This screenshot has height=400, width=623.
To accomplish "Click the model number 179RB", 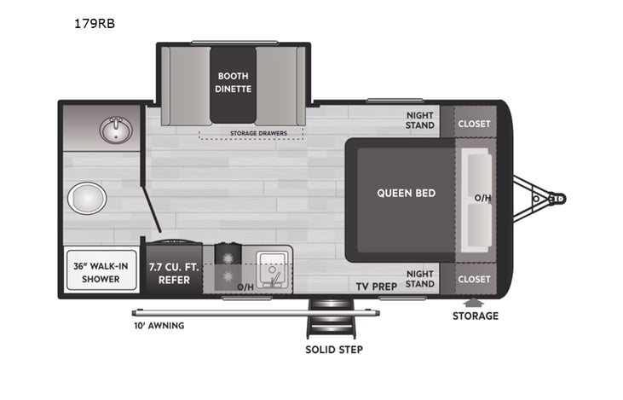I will coord(95,24).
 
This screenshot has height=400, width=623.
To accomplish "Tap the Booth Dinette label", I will coord(233,82).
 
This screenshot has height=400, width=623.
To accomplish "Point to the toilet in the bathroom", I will coord(86,199).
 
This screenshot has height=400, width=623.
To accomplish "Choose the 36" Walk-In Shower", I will coord(101,272).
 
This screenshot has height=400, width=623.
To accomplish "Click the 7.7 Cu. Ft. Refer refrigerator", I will coord(173,272).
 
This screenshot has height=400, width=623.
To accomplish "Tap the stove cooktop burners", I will coord(227,267).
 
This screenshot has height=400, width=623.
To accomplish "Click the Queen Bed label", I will coord(406,193).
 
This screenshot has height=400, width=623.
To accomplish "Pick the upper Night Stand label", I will coord(419,119).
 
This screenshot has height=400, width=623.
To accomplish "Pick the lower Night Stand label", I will coord(419,279).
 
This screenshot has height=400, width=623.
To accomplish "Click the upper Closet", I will coord(474,124).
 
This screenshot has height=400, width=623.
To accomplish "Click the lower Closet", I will coord(474,279).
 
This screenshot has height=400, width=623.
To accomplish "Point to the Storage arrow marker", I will coord(475,302).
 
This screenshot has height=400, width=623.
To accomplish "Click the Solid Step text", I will coord(334,350).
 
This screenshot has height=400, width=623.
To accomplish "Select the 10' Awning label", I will coord(158,325).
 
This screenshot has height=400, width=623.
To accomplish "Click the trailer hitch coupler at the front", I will coord(557,200).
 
